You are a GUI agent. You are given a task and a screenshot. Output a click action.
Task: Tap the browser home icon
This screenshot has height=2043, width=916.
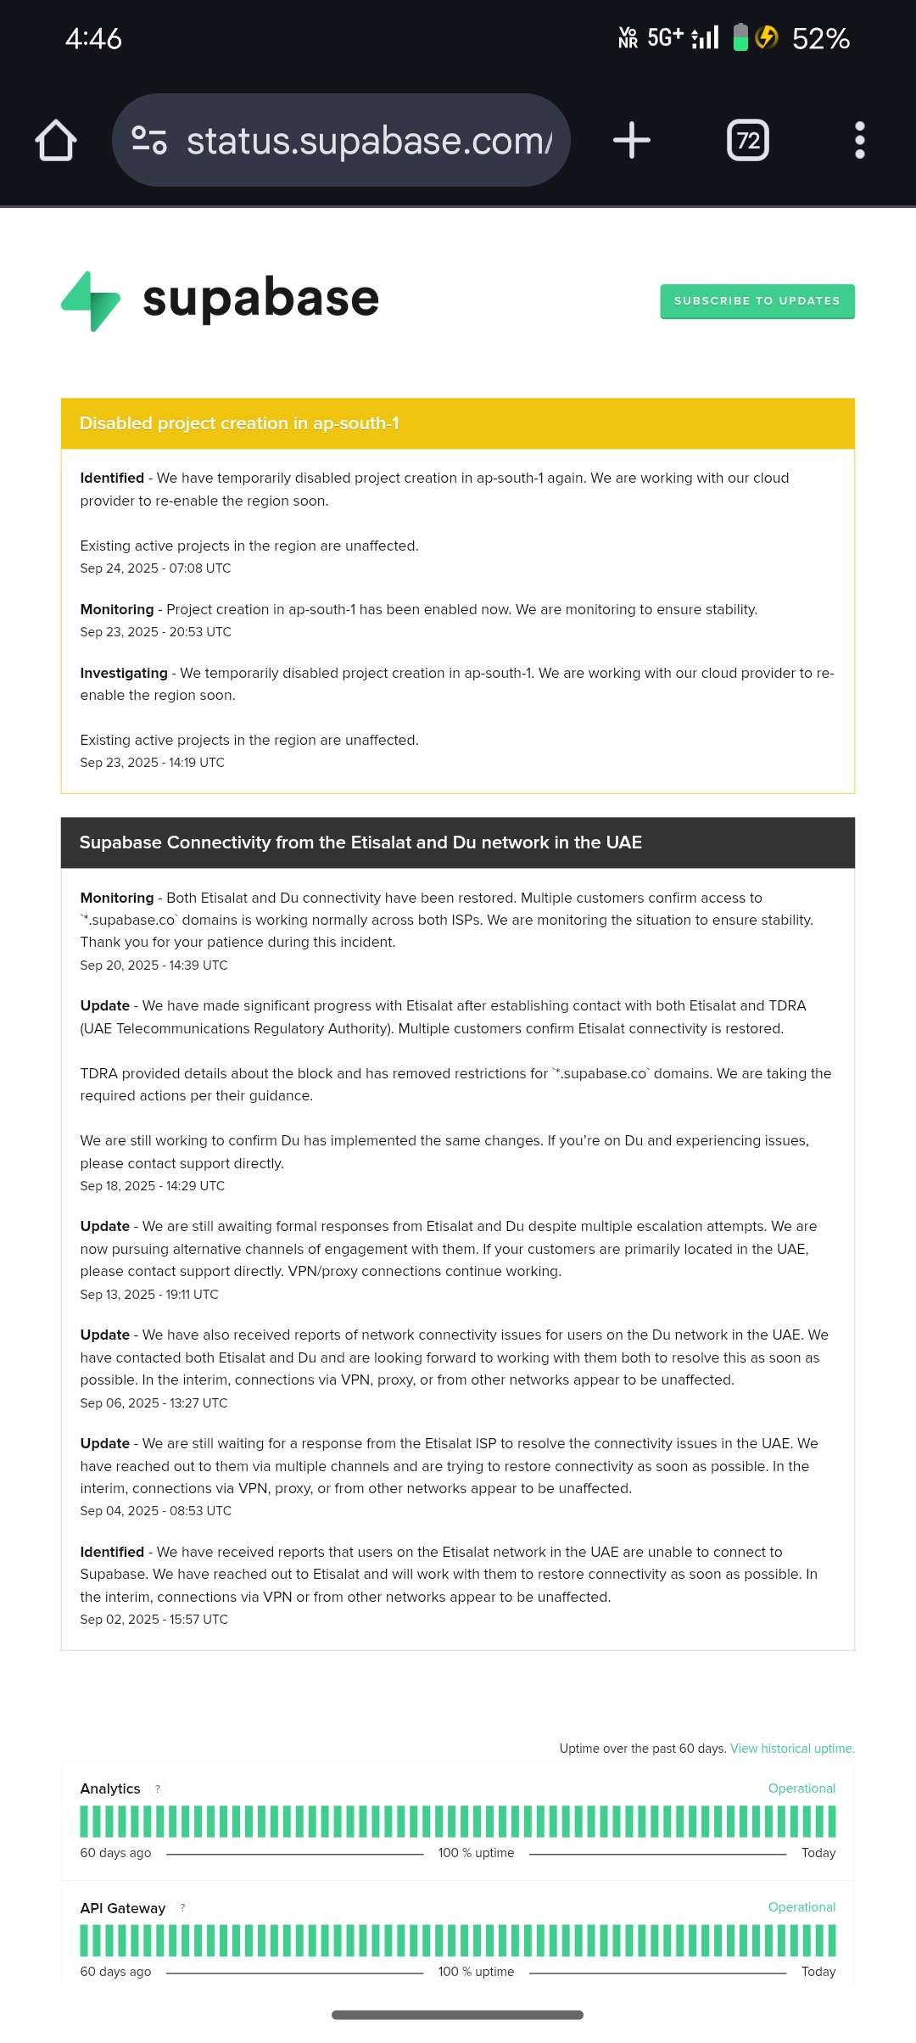point(56,140)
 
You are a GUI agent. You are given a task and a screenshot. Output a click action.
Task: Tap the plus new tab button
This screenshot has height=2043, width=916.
point(632,140)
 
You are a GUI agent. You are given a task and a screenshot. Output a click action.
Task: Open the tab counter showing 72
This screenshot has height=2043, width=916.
point(748,140)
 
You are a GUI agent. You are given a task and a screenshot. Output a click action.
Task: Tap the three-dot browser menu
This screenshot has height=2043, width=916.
point(860,140)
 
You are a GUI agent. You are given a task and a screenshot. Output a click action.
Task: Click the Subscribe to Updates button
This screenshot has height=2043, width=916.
point(757,301)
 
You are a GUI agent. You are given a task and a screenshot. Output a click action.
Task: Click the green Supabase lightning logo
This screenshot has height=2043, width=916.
point(91,301)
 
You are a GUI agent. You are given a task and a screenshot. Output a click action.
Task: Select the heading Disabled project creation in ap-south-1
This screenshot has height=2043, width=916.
point(239,423)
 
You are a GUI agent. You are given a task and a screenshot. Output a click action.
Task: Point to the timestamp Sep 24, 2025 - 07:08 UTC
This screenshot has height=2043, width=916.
point(155,568)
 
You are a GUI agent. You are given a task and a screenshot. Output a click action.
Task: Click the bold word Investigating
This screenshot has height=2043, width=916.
point(124,673)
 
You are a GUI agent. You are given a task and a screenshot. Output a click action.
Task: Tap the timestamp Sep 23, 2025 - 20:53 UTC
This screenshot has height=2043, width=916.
point(155,632)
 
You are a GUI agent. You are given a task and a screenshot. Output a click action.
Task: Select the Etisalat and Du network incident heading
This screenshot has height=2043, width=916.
point(360,842)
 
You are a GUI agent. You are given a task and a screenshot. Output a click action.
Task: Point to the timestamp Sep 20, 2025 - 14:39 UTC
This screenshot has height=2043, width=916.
point(154,966)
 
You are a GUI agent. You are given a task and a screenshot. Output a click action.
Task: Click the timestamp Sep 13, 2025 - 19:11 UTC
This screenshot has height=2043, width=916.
point(149,1295)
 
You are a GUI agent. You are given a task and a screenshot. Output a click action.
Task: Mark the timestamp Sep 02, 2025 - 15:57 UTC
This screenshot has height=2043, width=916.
point(154,1620)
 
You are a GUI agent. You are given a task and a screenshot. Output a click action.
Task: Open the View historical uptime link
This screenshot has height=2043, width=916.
point(792,1749)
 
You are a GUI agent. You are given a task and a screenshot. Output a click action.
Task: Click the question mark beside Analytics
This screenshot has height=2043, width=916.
point(158,1789)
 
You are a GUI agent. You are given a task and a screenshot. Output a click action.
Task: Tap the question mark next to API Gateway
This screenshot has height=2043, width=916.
point(182,1908)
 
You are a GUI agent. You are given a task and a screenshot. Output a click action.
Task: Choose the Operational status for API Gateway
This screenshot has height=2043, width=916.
point(801,1907)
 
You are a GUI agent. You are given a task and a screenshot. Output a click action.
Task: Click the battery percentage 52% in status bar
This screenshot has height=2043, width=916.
point(820,38)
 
